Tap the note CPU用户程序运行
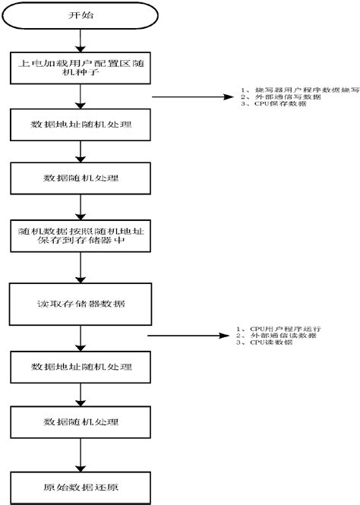click(x=281, y=328)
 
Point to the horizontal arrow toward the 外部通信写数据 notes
click(x=190, y=97)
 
